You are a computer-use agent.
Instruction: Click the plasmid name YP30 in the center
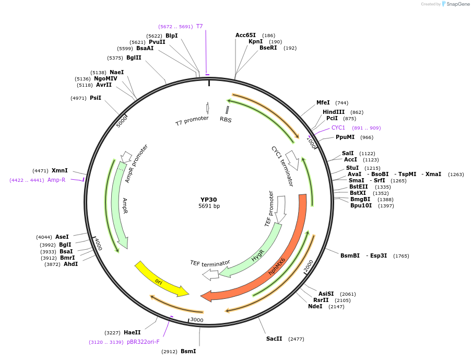[x=209, y=200]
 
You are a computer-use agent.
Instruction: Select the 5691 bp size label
[x=209, y=206]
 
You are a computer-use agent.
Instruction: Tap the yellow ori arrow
[x=162, y=280]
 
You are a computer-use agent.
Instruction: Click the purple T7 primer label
[x=199, y=26]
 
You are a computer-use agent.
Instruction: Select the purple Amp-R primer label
[x=56, y=180]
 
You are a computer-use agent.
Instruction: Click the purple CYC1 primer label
[x=338, y=127]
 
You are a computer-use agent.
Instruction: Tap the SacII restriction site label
[x=274, y=339]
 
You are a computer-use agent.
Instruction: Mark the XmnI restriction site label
[x=60, y=171]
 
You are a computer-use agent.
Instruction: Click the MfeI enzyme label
[x=323, y=103]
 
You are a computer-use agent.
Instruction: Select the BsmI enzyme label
[x=188, y=352]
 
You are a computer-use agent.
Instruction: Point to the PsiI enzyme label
[x=96, y=98]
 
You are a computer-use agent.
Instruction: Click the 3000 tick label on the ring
[x=197, y=320]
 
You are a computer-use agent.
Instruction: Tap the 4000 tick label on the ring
[x=98, y=243]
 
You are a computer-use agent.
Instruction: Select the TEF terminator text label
[x=210, y=263]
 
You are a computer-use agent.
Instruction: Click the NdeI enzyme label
[x=315, y=307]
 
